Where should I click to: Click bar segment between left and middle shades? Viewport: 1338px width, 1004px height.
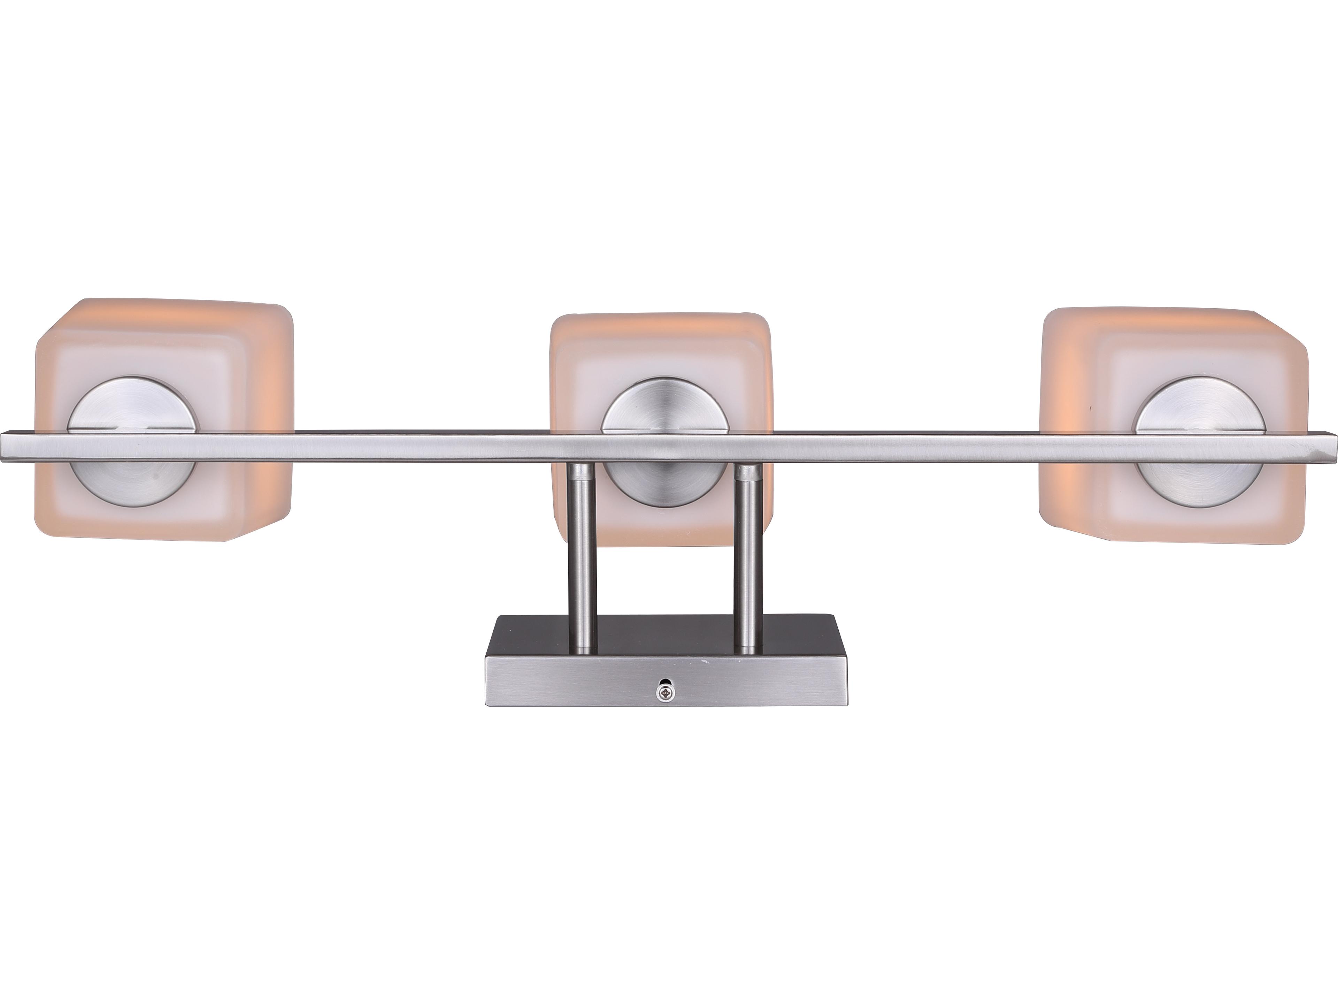423,448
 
